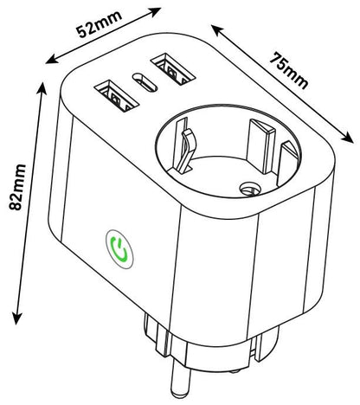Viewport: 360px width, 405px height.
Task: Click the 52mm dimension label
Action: pos(99,24)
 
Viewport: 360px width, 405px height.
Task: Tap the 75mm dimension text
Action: pos(289,71)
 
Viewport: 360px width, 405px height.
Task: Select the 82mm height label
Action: pos(17,187)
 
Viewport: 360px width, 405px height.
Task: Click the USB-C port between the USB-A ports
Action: pos(145,82)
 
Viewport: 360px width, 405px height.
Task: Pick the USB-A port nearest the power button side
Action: pos(117,96)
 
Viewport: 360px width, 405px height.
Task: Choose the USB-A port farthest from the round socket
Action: pos(173,68)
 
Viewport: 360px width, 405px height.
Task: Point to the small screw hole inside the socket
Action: pos(250,189)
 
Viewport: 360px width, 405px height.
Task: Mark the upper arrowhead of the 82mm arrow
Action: pos(42,88)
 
